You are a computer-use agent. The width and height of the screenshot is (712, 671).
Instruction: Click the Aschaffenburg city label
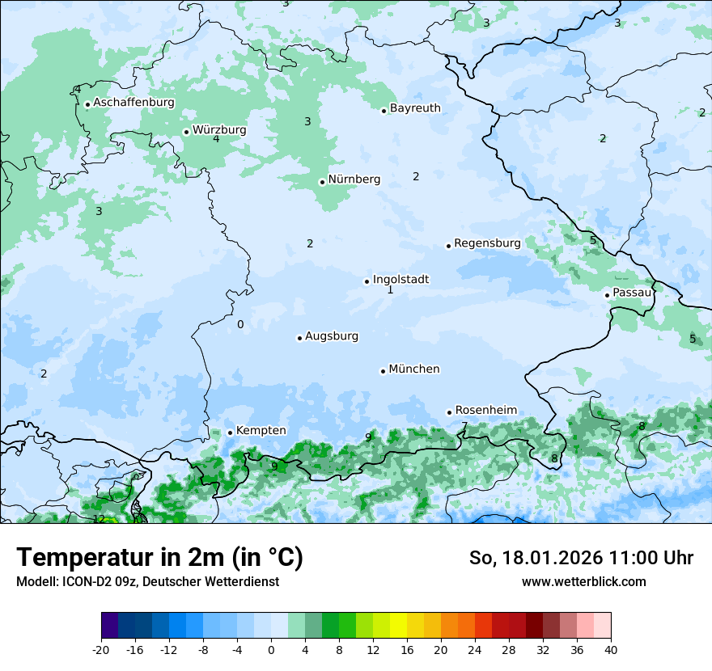pyautogui.click(x=133, y=103)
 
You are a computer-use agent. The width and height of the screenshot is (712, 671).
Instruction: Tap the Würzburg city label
pyautogui.click(x=219, y=130)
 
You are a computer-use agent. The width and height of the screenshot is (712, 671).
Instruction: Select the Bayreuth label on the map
pyautogui.click(x=415, y=108)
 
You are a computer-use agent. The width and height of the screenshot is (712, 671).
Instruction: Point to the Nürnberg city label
pyautogui.click(x=354, y=179)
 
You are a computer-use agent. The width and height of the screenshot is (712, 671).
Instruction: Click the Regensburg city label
pyautogui.click(x=487, y=243)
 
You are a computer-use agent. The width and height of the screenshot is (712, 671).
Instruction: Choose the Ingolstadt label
pyautogui.click(x=400, y=280)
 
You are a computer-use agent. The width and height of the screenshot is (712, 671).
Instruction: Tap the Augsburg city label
pyautogui.click(x=332, y=336)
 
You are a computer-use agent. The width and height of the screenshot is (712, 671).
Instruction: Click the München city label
pyautogui.click(x=414, y=369)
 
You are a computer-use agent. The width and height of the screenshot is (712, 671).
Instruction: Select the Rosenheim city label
pyautogui.click(x=485, y=411)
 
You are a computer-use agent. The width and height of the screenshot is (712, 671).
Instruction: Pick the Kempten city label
pyautogui.click(x=261, y=431)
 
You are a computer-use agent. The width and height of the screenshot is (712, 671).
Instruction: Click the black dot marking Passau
pyautogui.click(x=607, y=295)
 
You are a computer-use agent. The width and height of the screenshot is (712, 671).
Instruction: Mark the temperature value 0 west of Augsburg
pyautogui.click(x=240, y=325)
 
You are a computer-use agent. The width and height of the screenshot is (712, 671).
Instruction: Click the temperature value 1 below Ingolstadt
pyautogui.click(x=390, y=290)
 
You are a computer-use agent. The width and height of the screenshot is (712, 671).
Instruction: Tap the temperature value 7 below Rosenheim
pyautogui.click(x=464, y=426)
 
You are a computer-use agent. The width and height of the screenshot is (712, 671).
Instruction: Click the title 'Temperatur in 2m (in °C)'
pyautogui.click(x=159, y=558)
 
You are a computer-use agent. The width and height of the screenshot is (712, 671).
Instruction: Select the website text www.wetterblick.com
pyautogui.click(x=583, y=582)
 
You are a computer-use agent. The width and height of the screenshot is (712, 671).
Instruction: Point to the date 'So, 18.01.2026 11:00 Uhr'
pyautogui.click(x=581, y=559)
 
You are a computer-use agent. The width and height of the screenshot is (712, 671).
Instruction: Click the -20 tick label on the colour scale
pyautogui.click(x=101, y=650)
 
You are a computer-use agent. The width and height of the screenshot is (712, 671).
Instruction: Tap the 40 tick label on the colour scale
pyautogui.click(x=610, y=650)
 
